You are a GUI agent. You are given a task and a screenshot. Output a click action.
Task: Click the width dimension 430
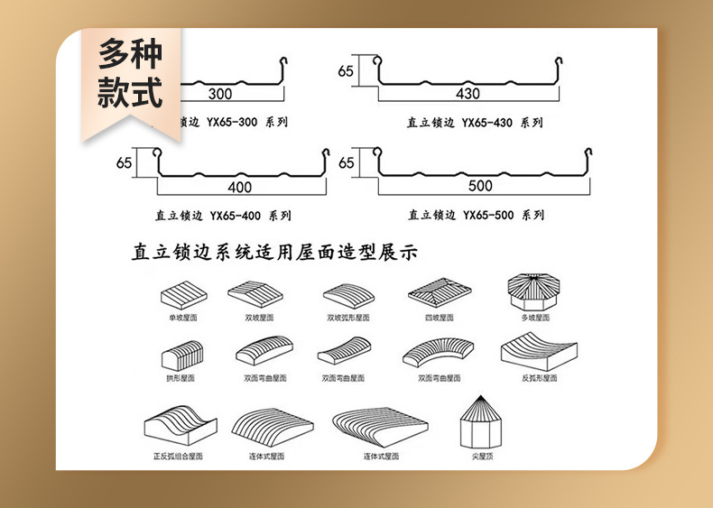pos(468,93)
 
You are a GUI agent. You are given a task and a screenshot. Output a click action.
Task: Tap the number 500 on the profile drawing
pos(481,186)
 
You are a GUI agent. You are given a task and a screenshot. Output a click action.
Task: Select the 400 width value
pos(239,187)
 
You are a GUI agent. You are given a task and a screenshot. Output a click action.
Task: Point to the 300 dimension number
pos(219,93)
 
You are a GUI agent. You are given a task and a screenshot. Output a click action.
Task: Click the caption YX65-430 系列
pos(476,122)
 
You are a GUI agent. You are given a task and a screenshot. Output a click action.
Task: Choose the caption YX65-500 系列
pos(477,215)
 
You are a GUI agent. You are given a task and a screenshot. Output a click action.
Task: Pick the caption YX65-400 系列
pos(223,216)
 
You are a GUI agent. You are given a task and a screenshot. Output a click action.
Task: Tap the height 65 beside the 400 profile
pos(124,163)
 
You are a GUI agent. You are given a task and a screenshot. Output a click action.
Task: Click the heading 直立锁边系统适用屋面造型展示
pos(275,252)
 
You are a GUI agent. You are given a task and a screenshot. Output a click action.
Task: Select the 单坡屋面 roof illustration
pos(183,293)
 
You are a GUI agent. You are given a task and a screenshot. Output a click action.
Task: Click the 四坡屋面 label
pos(439,318)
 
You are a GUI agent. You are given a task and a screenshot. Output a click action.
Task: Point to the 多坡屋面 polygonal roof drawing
pos(535,291)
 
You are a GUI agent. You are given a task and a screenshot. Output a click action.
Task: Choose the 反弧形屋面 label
pos(540,378)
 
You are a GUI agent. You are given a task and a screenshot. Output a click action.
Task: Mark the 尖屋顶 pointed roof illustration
pos(482,423)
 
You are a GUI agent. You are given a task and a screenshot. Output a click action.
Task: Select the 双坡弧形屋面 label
pos(348,318)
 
